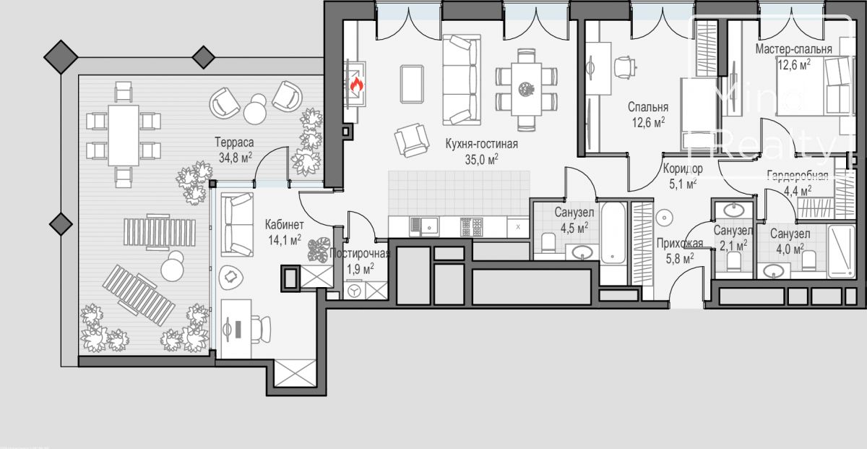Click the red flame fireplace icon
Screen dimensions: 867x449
356,84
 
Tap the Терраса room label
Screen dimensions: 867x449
234,142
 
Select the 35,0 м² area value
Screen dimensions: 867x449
481,159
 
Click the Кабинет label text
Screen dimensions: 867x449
284,224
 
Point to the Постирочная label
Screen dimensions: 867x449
360,254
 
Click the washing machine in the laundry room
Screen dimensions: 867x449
354,291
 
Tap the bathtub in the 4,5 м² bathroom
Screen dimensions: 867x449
613,232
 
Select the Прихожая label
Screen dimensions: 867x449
680,243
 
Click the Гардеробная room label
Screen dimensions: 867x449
798,176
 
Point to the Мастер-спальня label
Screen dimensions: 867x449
793,49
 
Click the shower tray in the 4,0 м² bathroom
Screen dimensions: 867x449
841,251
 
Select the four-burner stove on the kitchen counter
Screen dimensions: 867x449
471,227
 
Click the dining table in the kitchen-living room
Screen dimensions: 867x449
526,89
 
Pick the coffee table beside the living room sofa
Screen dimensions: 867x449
412,84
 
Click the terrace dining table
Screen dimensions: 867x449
124,135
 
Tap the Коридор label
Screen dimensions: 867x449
683,168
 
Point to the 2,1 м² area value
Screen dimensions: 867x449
733,245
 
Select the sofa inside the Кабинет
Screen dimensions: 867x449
237,225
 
